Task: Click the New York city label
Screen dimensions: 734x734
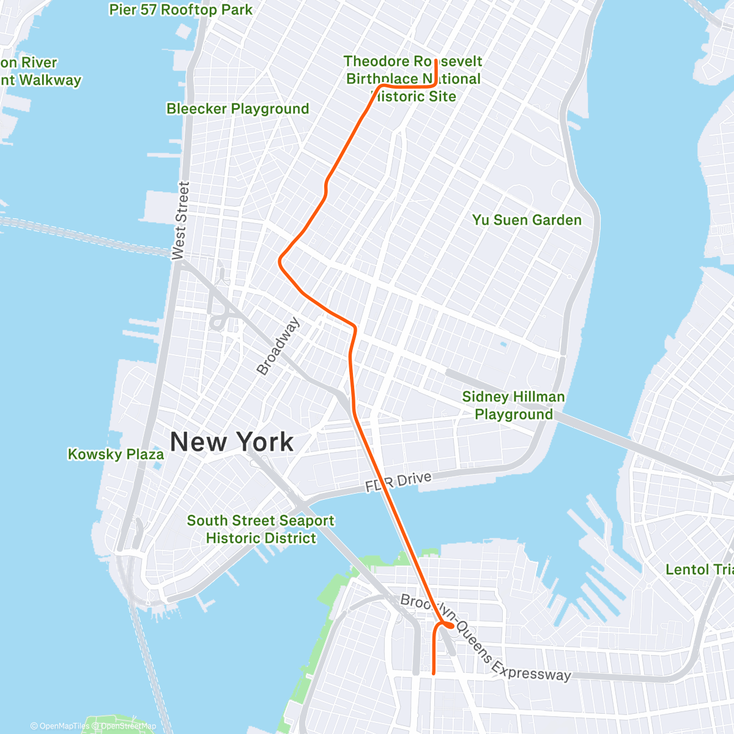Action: click(x=232, y=442)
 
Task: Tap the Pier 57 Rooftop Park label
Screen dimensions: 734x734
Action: click(x=180, y=10)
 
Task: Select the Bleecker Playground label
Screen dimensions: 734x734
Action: click(x=238, y=109)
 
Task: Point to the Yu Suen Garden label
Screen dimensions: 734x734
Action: click(x=527, y=220)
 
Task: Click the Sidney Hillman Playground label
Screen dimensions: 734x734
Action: click(x=513, y=406)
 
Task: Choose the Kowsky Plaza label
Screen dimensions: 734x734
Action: click(x=116, y=454)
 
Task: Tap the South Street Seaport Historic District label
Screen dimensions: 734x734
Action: click(x=261, y=529)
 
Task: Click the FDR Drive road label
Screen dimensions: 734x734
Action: click(x=398, y=482)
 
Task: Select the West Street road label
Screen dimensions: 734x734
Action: click(x=180, y=221)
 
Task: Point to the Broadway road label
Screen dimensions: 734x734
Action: click(x=278, y=346)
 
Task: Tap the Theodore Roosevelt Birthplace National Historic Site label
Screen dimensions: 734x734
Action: click(x=413, y=79)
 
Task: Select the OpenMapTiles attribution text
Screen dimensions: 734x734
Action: click(x=60, y=726)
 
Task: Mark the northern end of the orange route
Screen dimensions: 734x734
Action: click(x=436, y=61)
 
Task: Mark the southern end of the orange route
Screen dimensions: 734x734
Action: click(x=434, y=673)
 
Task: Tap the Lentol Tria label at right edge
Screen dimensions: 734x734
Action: click(x=699, y=569)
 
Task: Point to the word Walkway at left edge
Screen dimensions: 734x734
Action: click(x=50, y=80)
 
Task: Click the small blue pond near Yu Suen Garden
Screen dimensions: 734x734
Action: click(x=503, y=344)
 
